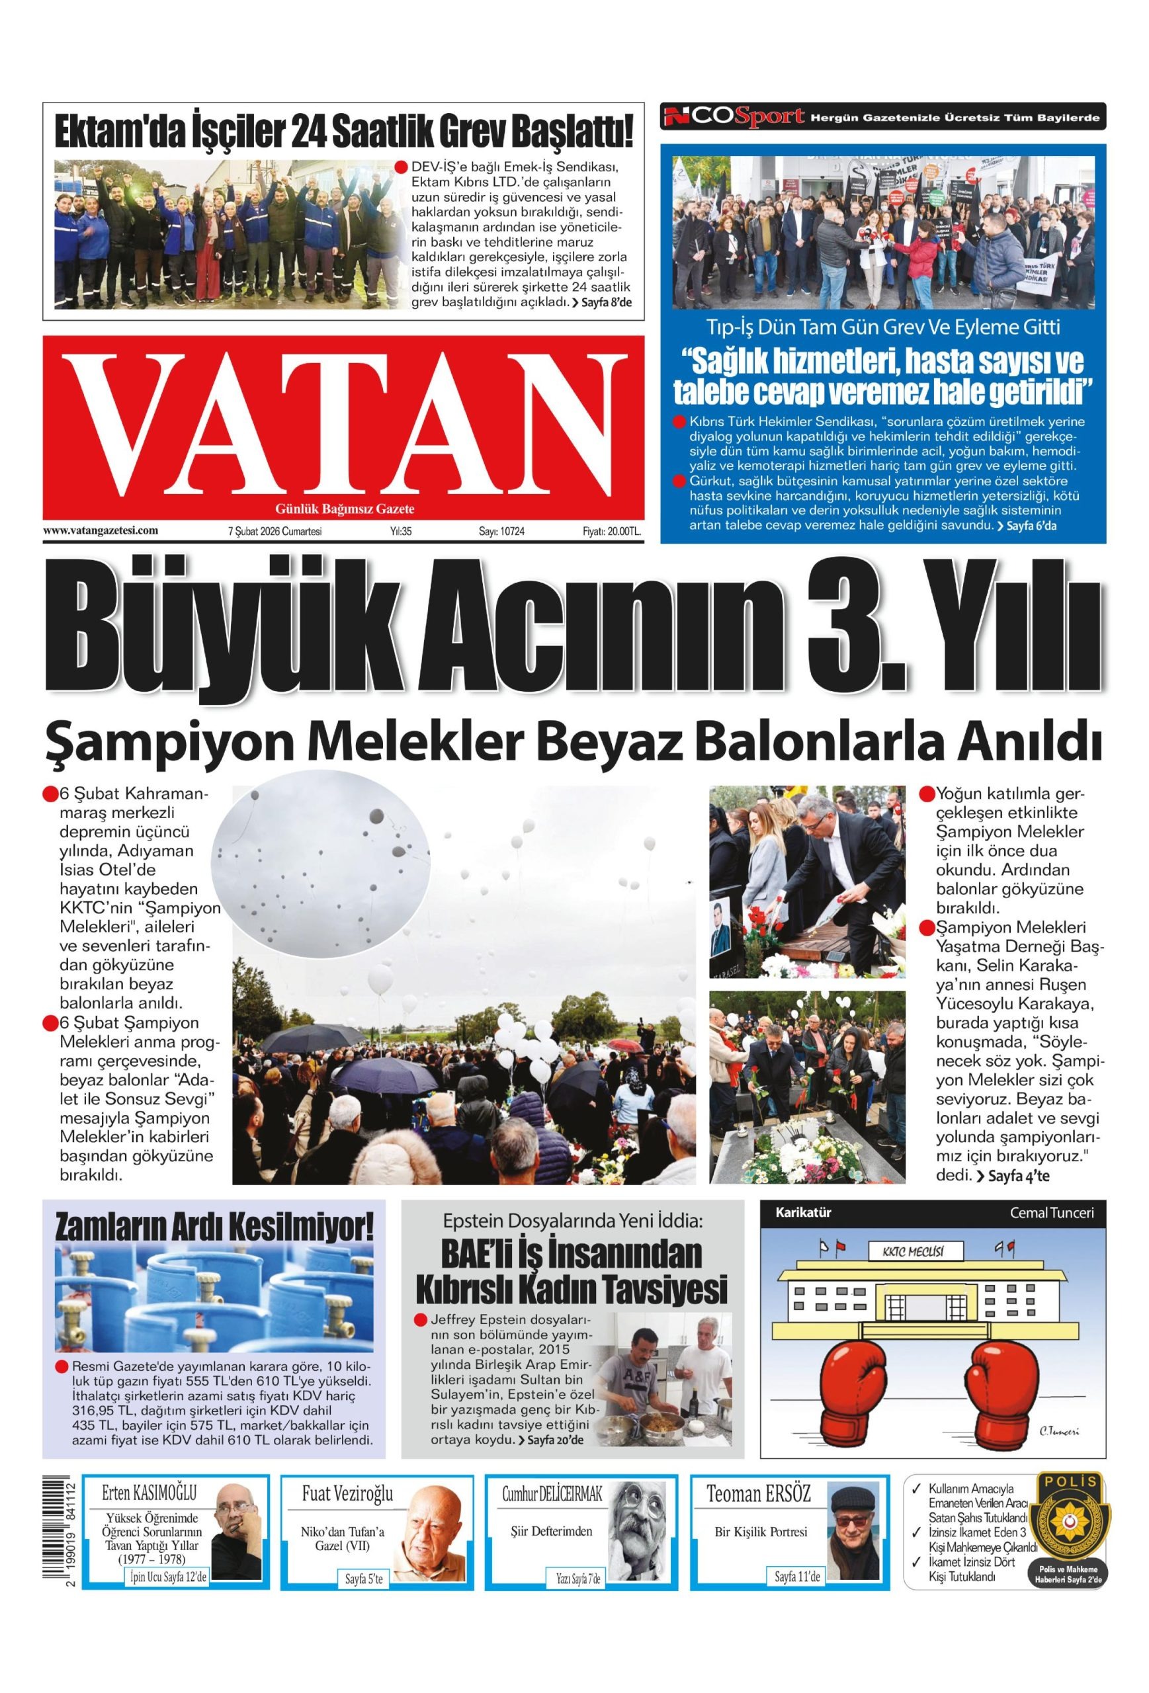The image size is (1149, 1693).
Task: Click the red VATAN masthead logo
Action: coord(343,425)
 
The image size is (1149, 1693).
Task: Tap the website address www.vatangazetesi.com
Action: coord(101,531)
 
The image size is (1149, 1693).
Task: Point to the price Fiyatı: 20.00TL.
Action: coord(611,532)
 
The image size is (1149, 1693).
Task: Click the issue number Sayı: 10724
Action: coord(501,532)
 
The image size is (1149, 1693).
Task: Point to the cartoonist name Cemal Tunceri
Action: coord(1050,1213)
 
